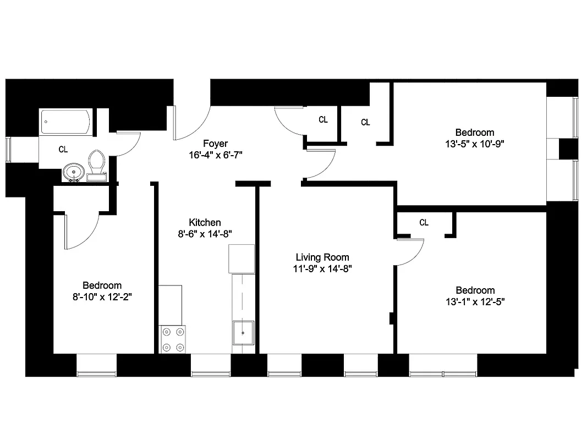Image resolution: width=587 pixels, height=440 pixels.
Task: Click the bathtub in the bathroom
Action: click(66, 122)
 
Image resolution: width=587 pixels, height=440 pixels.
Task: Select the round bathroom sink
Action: click(72, 172)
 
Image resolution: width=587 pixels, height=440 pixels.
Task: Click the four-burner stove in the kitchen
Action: click(172, 339)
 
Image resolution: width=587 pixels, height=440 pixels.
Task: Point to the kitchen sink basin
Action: click(243, 333)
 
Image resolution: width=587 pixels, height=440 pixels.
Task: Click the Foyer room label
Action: click(215, 144)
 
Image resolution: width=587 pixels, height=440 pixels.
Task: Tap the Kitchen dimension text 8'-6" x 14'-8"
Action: click(205, 234)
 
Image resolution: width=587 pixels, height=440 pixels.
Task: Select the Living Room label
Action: click(322, 257)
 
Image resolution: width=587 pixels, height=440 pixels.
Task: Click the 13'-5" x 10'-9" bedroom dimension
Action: click(474, 144)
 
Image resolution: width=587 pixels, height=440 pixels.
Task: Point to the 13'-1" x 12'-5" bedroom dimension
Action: click(474, 302)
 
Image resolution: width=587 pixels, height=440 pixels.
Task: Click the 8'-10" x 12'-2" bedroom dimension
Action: click(102, 297)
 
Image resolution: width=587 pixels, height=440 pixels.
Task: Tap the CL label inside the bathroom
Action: click(63, 149)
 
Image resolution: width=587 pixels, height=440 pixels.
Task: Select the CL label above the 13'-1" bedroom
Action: click(424, 223)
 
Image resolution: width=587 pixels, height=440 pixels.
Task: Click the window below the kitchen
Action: click(210, 373)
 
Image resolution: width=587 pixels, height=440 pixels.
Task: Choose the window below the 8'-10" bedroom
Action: click(96, 373)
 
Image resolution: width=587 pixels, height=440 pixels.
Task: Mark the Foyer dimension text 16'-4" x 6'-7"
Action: click(215, 156)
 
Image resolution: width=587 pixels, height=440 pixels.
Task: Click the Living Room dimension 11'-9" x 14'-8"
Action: click(322, 269)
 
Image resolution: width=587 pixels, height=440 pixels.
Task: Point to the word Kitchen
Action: click(205, 222)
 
